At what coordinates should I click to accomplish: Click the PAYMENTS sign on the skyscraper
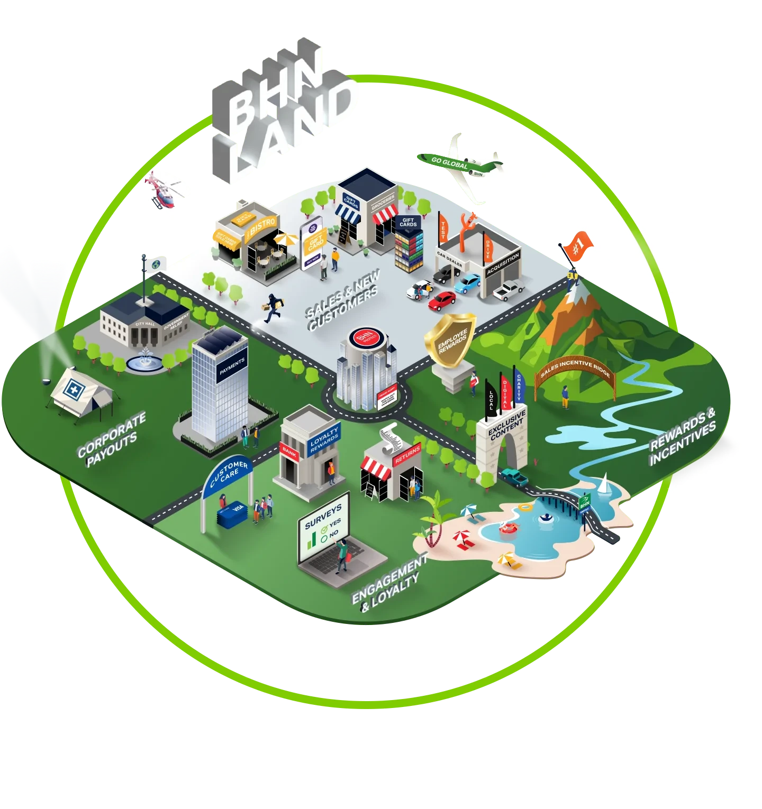pyautogui.click(x=232, y=366)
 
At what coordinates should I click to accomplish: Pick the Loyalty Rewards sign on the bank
pyautogui.click(x=324, y=439)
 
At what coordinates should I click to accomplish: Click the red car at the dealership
pyautogui.click(x=442, y=300)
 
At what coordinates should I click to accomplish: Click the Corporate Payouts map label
pyautogui.click(x=112, y=440)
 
